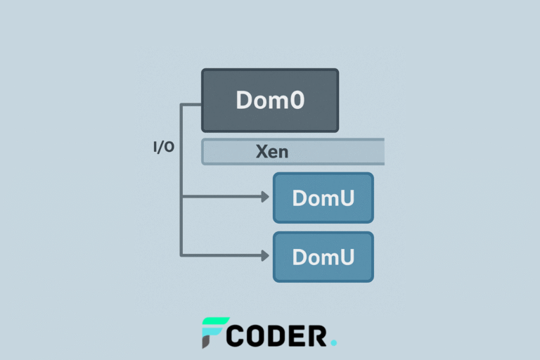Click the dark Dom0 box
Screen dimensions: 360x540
(270, 100)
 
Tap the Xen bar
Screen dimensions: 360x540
(292, 151)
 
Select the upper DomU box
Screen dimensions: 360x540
(323, 198)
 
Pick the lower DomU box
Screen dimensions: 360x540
(323, 257)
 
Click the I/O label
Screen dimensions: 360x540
(164, 148)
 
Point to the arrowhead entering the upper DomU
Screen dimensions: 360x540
(266, 198)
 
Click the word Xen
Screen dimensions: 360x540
(271, 151)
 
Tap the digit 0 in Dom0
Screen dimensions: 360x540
(297, 100)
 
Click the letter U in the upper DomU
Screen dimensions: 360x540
(345, 198)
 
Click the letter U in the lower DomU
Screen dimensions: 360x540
(345, 257)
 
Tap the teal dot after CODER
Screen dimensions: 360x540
(333, 343)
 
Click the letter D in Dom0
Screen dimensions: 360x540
(244, 100)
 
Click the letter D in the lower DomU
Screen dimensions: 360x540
(300, 257)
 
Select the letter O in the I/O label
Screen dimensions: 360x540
(169, 148)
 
